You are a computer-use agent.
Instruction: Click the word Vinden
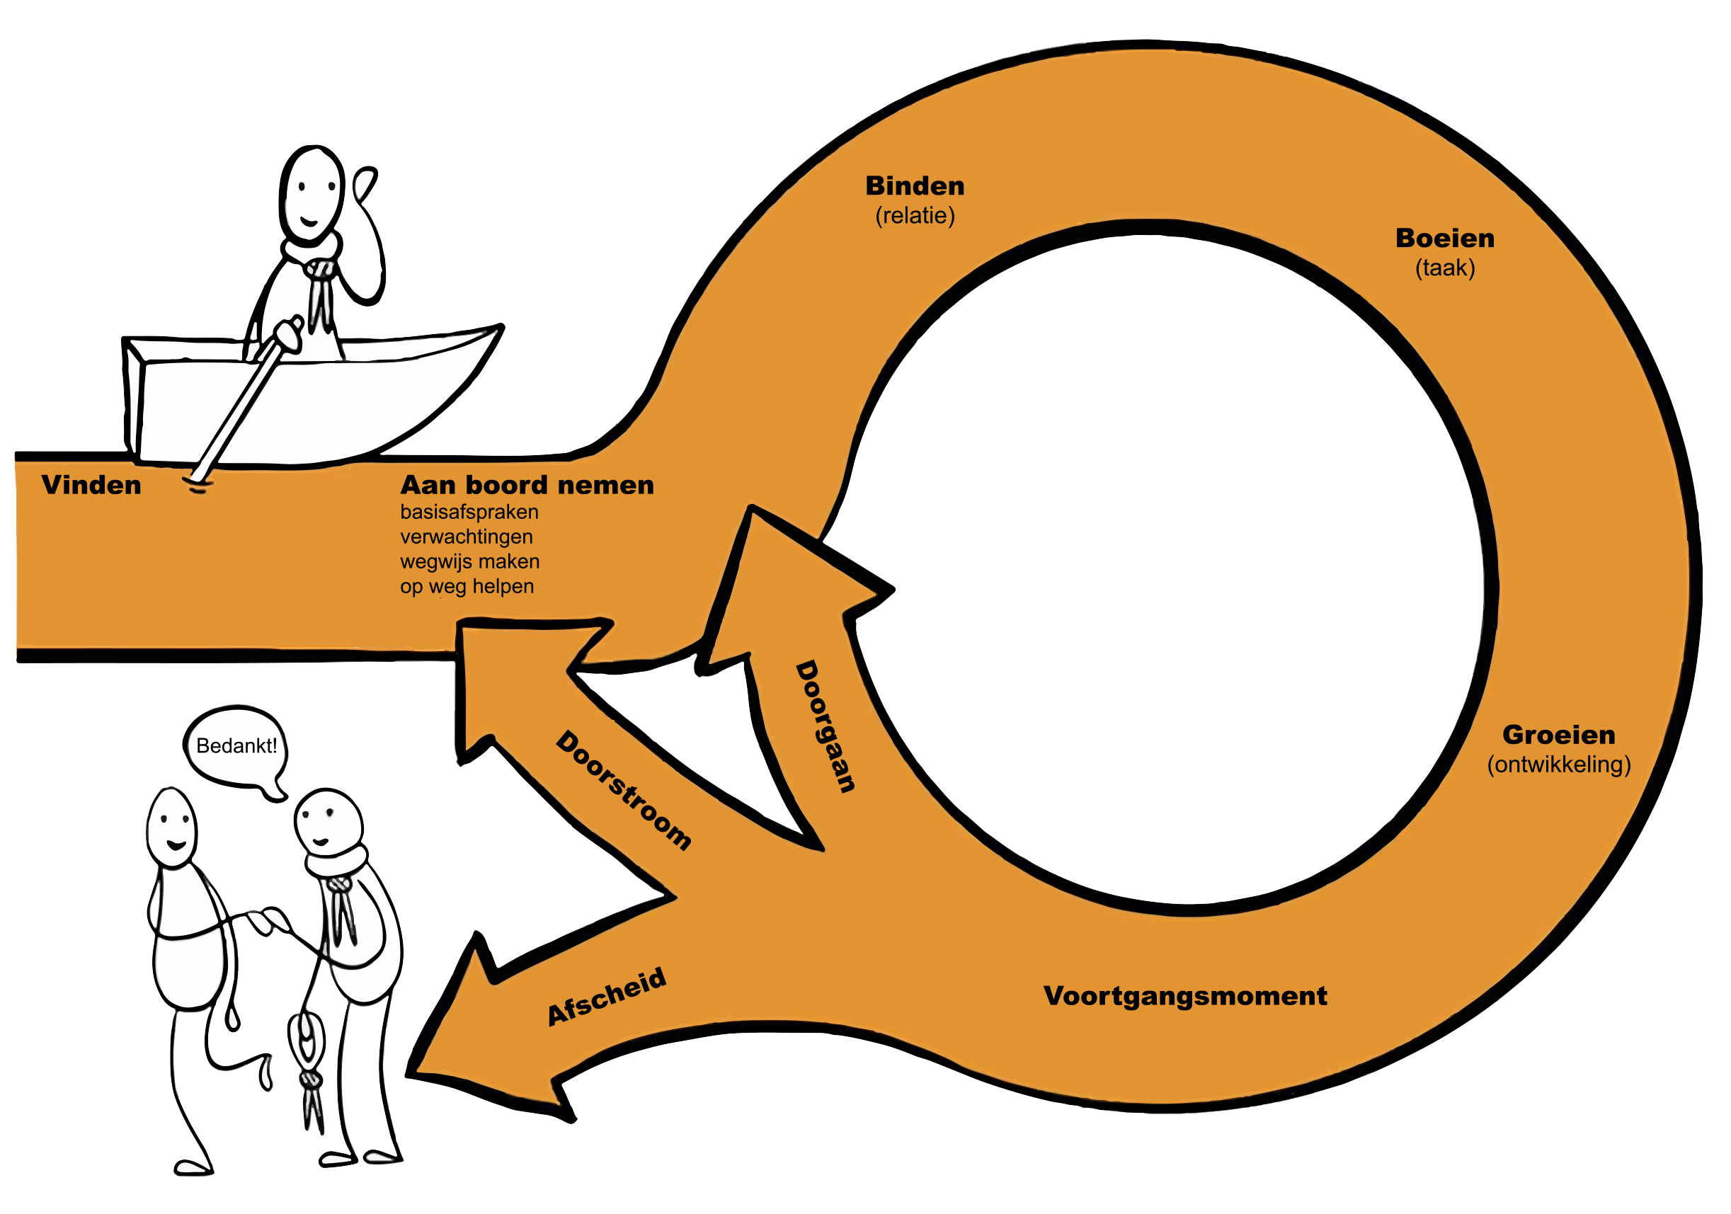91,485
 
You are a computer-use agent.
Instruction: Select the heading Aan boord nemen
527,485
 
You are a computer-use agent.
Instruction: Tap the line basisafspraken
469,512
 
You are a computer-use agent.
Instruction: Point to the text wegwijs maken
469,562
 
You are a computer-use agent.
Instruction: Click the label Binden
915,185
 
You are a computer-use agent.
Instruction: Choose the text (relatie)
915,216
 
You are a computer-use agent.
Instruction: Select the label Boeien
1444,239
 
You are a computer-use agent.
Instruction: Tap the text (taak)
1444,268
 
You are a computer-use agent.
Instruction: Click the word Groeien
1558,735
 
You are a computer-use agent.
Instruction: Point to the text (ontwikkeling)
1558,765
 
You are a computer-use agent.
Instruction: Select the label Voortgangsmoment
1185,996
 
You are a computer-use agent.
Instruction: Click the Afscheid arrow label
607,997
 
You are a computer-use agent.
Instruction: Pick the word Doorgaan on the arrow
826,726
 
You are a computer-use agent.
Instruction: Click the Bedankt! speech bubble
236,747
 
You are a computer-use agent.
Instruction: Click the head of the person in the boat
312,193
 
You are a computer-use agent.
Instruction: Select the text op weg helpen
467,587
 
